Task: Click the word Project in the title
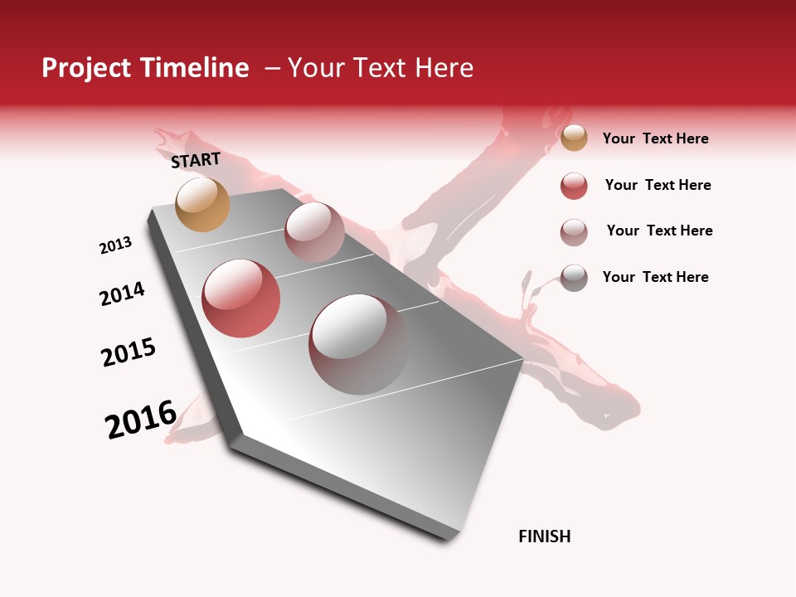tap(85, 68)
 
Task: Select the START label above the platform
tap(196, 160)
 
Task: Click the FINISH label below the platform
tap(544, 536)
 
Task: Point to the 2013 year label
tap(115, 245)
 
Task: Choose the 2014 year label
tap(122, 294)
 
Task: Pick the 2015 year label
tap(129, 352)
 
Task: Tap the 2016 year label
tap(141, 420)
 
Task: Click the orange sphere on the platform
tap(202, 204)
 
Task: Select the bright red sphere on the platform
tap(240, 298)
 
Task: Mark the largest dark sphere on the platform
tap(358, 344)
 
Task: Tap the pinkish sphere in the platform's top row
tap(314, 232)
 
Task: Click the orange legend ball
tap(574, 138)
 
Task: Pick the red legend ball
tap(574, 186)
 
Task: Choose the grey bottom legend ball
tap(574, 278)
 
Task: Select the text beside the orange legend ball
tap(655, 138)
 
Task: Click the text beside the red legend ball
tap(658, 185)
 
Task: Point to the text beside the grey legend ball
tap(655, 277)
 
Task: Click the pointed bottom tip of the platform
tap(449, 537)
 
